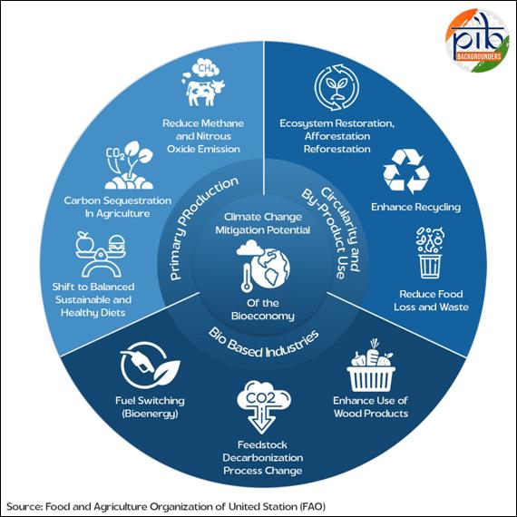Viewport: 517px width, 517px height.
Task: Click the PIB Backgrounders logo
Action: point(477,40)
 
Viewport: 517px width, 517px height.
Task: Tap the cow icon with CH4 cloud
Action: point(202,83)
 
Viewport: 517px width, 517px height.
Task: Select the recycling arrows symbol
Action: point(406,171)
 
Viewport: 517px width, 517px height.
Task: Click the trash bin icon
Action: point(430,253)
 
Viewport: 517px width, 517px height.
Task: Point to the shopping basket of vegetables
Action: point(371,366)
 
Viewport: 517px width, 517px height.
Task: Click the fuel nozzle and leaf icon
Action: point(150,366)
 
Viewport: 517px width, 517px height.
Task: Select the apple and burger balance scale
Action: point(101,254)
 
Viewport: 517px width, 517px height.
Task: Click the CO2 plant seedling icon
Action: point(129,165)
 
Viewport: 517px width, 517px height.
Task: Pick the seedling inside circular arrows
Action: point(337,87)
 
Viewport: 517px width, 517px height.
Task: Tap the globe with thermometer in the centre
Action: point(263,266)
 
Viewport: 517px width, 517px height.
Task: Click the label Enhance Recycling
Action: point(415,207)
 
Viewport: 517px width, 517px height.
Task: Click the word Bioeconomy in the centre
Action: point(263,316)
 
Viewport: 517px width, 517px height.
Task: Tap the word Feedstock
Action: point(262,444)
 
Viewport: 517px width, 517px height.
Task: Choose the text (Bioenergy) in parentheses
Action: point(150,414)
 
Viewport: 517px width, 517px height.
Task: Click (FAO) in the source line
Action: point(313,506)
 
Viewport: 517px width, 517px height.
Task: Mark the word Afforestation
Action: point(337,136)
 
